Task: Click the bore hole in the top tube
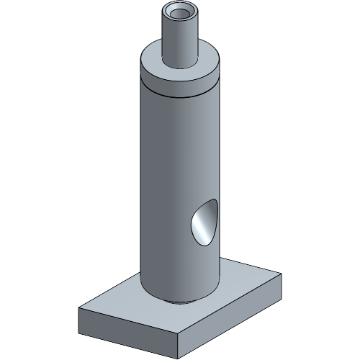pyautogui.click(x=179, y=12)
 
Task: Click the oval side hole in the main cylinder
pyautogui.click(x=204, y=223)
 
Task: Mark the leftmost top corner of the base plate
pyautogui.click(x=79, y=307)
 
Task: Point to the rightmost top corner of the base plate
pyautogui.click(x=281, y=274)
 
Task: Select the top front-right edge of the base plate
pyautogui.click(x=230, y=303)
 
